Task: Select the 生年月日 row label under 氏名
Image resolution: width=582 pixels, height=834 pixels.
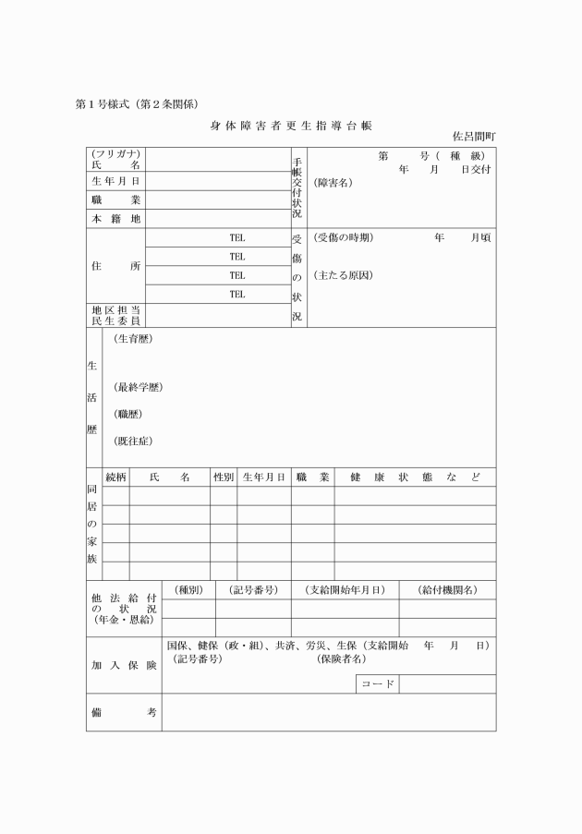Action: coord(115,181)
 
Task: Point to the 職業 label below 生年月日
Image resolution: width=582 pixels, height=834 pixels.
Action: coord(115,199)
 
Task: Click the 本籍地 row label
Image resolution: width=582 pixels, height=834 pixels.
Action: coord(115,219)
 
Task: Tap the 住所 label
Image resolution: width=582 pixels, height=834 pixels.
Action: coord(115,266)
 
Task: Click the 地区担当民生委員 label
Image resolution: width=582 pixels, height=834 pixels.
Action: coord(115,315)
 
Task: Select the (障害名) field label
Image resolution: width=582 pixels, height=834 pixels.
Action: coord(333,182)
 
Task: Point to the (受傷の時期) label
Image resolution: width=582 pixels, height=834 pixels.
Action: coord(343,237)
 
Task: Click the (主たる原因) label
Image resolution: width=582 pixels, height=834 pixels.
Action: coord(343,275)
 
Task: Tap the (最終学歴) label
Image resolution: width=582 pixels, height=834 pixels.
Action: coord(138,387)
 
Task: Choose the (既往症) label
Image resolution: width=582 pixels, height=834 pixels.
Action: coord(132,441)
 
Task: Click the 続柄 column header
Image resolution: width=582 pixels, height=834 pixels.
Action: coord(115,477)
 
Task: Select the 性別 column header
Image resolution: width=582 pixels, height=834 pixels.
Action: coord(223,477)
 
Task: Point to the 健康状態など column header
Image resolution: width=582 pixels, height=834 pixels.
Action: coord(414,477)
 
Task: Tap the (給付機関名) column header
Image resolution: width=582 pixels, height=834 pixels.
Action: coord(447,590)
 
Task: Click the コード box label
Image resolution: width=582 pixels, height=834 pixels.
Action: coord(377,684)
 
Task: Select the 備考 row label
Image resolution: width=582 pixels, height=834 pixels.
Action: coord(124,713)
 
